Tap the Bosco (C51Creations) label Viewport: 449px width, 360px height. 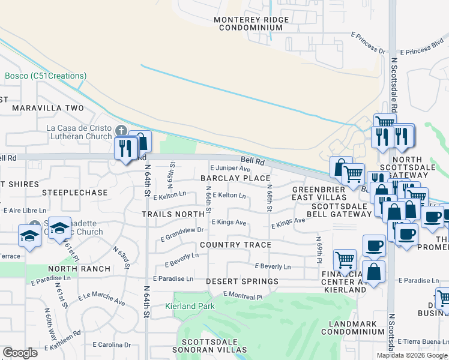(46, 76)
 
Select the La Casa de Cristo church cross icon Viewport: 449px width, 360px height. (121, 130)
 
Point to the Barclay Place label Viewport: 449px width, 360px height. (235, 178)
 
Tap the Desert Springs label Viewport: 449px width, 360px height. (242, 281)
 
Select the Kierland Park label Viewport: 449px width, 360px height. (189, 306)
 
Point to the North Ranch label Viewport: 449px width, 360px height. (80, 269)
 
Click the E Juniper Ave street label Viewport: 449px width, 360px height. (229, 169)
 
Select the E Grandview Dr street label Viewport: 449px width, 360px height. (182, 230)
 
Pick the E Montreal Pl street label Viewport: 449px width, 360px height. (243, 296)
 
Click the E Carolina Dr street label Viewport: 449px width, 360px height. (112, 345)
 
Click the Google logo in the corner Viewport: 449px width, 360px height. (20, 353)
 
